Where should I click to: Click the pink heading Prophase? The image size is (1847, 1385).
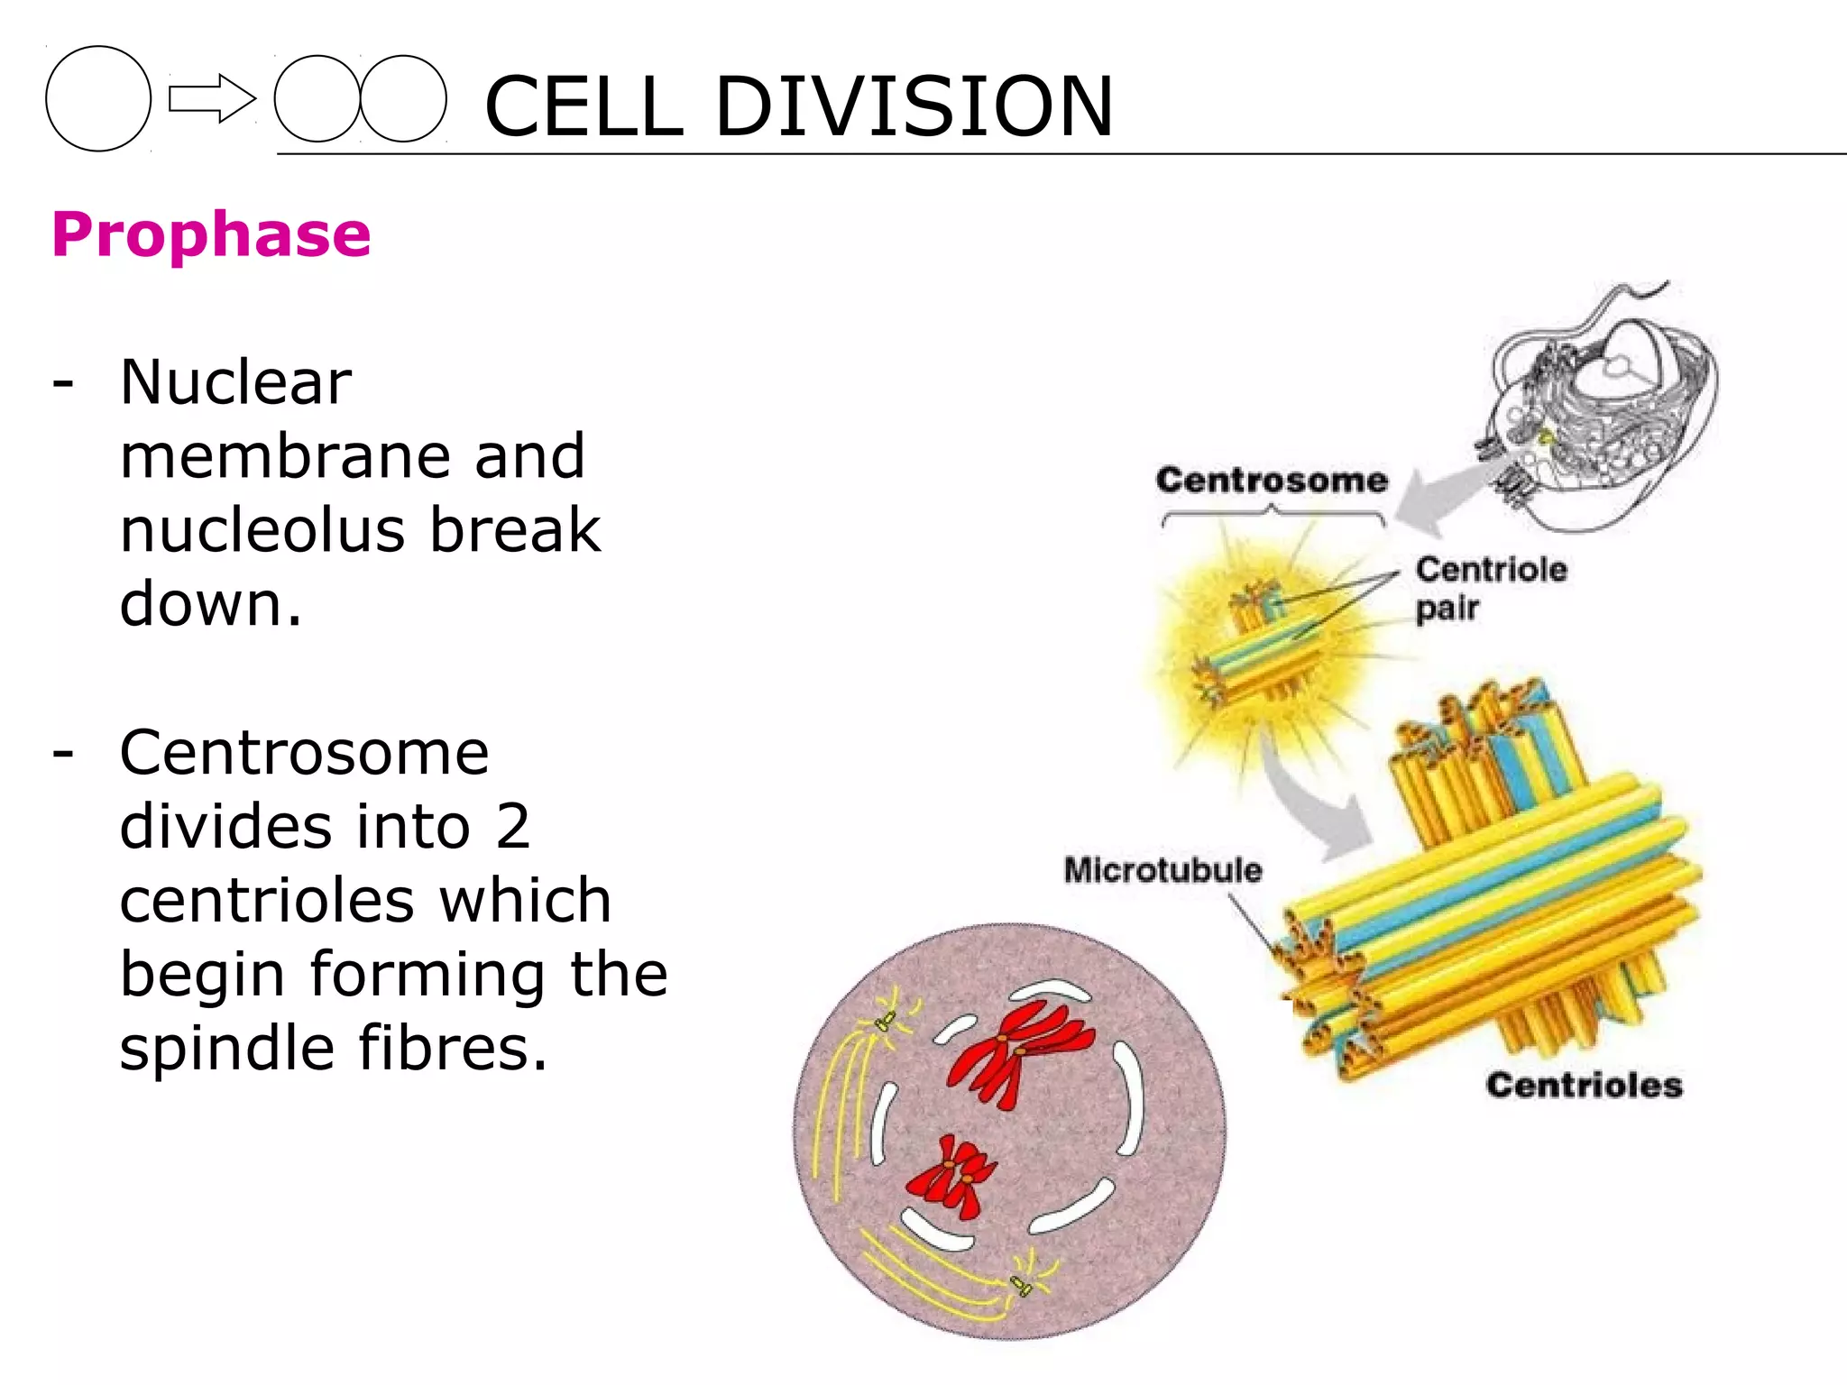tap(211, 234)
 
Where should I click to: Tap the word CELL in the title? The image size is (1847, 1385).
tap(584, 106)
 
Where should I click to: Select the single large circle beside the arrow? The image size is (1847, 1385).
tap(98, 98)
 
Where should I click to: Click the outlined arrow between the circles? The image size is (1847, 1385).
tap(212, 98)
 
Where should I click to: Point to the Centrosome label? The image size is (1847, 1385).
tap(1271, 480)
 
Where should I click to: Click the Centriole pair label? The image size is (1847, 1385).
tap(1489, 588)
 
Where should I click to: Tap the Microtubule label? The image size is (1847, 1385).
tap(1162, 870)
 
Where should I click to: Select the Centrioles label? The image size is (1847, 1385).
tap(1584, 1085)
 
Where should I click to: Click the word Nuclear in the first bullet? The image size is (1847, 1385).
tap(235, 382)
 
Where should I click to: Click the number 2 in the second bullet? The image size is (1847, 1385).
tap(512, 826)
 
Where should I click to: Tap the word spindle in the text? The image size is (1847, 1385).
tap(228, 1048)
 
